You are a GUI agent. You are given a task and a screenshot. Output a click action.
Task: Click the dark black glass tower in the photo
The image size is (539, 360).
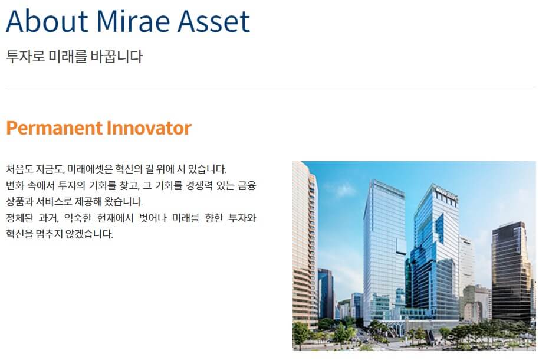[510, 271]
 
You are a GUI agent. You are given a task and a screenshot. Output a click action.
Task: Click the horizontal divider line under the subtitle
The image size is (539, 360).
[270, 87]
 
